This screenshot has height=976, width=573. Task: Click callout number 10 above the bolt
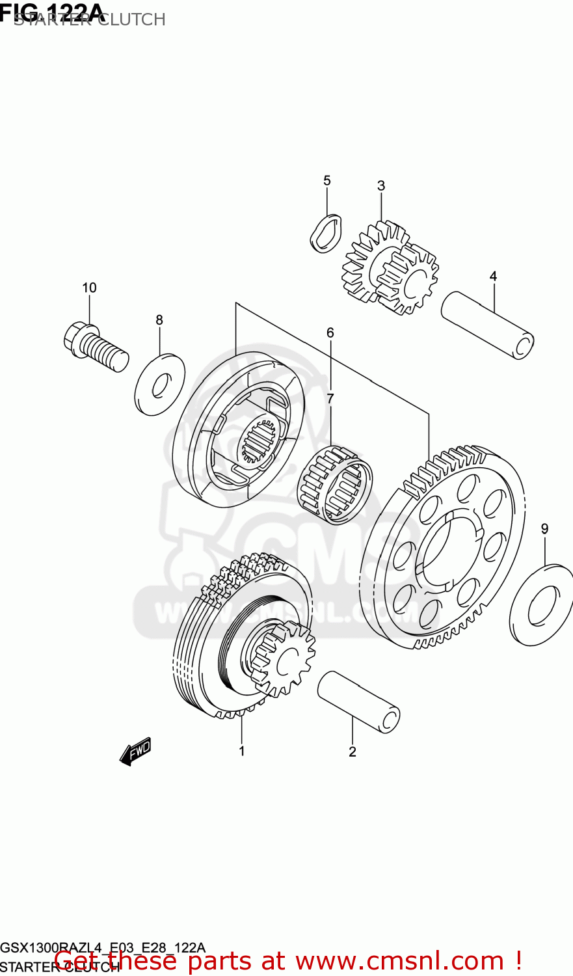coord(89,288)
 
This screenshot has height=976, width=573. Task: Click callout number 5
coord(326,180)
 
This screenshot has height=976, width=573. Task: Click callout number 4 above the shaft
coord(493,277)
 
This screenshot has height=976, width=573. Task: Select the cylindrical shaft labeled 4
coord(487,325)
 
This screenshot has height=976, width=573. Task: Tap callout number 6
coord(330,333)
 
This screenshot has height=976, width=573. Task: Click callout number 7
coord(330,398)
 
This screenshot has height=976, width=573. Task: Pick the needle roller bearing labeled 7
coord(334,484)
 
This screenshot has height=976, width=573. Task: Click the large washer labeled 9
coord(542,605)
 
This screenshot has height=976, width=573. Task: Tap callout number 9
coord(544,529)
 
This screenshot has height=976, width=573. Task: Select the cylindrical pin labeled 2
coord(358,702)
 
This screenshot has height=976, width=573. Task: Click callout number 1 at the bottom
coord(241,751)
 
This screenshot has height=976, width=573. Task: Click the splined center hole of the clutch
coord(260,441)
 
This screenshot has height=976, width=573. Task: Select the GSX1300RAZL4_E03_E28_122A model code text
coord(103,947)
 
